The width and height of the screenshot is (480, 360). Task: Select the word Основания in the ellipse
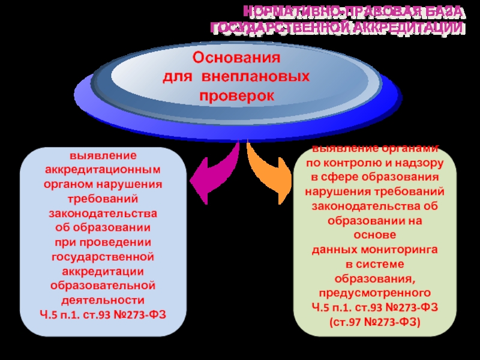coord(236,59)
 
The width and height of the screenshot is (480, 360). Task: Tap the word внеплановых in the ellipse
coord(256,77)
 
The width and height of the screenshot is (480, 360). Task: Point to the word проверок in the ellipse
coord(236,95)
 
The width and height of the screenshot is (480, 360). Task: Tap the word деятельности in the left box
coord(103,299)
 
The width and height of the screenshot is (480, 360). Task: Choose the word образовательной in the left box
coord(103,285)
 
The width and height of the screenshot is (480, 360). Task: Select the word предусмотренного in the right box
coord(375,293)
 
